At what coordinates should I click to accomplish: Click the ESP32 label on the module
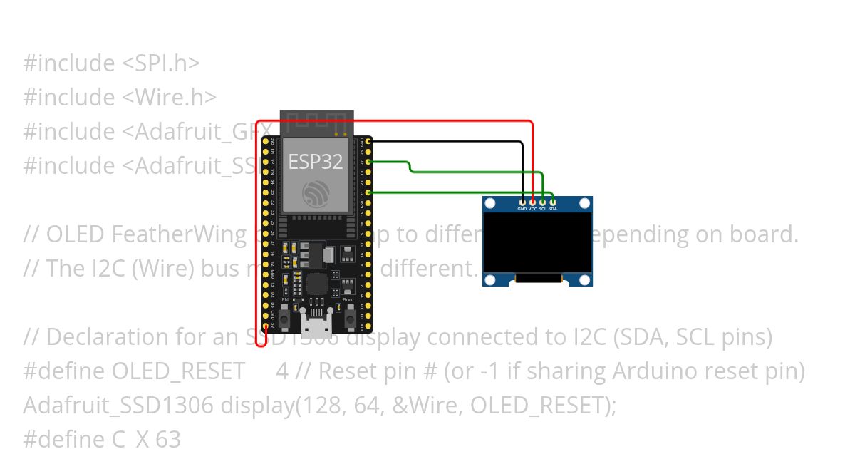point(315,162)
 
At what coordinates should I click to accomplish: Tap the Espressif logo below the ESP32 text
point(315,194)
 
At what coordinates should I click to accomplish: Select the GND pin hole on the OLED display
point(522,203)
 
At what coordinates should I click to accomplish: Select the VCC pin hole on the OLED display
point(532,203)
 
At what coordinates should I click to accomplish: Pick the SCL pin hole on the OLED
point(542,203)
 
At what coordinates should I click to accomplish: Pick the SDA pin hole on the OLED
point(552,203)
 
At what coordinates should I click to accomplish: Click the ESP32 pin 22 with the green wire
point(368,162)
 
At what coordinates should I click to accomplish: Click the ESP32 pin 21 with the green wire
point(368,192)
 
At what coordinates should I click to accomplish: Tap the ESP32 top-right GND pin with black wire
point(368,142)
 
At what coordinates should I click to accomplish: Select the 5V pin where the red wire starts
point(266,326)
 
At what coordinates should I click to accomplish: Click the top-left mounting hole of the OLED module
point(490,204)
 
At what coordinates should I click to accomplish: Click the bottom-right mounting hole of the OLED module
point(585,279)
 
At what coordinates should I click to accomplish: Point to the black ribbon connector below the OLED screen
point(538,279)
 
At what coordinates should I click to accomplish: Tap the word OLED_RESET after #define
point(178,371)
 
